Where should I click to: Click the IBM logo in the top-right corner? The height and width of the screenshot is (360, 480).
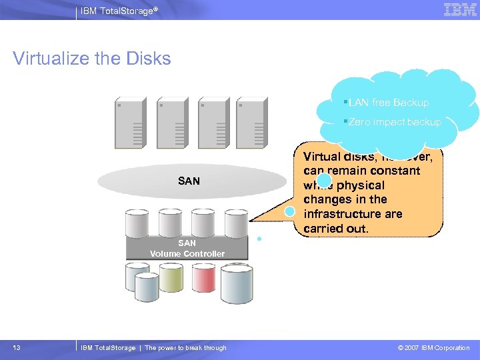coord(460,10)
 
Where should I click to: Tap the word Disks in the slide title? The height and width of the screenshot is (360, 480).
coord(146,59)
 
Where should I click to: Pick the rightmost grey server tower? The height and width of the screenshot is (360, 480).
coord(253,123)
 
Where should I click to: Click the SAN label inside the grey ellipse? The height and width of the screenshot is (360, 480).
coord(189,181)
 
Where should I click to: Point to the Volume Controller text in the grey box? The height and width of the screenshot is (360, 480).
coord(187,254)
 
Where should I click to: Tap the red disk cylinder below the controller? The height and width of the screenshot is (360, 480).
coord(203,279)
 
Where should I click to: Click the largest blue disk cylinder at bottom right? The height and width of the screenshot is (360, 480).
coord(237,284)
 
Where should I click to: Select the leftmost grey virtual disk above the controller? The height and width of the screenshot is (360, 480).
coord(137,223)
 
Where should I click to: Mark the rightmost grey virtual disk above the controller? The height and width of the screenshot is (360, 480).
coord(236,223)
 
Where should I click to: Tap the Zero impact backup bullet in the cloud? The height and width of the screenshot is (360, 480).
coord(394,122)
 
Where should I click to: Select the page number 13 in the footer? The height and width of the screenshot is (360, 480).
coord(16,348)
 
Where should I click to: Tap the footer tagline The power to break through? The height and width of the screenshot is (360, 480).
coord(185,348)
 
